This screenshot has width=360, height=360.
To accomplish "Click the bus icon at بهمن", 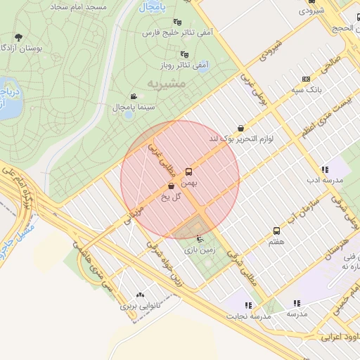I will tap(188, 172).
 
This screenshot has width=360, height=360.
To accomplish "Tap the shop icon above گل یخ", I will tap(172, 186).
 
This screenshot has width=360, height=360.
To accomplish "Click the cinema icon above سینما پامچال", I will tap(134, 96).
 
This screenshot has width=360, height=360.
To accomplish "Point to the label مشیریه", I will tap(167, 83).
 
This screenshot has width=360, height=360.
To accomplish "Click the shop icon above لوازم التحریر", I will tap(241, 128).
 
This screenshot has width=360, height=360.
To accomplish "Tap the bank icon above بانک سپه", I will tap(305, 79).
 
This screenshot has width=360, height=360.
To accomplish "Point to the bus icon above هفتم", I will tap(276, 231).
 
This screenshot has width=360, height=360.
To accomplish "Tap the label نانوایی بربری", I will tap(136, 306).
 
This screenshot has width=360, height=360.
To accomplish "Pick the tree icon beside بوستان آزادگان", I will tap(18, 37).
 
